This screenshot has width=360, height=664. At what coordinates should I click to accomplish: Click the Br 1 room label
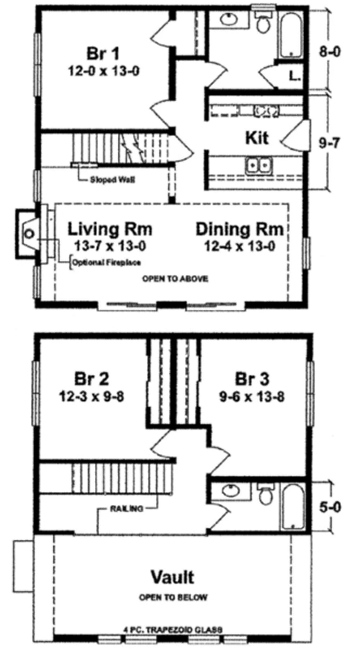[x=103, y=54]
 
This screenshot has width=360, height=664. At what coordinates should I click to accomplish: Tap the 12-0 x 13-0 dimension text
[x=104, y=71]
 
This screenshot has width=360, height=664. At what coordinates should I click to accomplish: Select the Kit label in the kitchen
[x=257, y=138]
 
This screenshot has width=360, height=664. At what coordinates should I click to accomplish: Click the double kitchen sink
[x=259, y=166]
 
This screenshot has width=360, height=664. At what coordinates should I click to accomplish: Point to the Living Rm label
[x=110, y=229]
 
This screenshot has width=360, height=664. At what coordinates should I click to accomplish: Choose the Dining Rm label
[x=239, y=229]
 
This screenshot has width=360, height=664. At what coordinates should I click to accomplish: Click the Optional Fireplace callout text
[x=107, y=263]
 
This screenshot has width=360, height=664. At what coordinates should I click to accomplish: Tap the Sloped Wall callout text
[x=112, y=180]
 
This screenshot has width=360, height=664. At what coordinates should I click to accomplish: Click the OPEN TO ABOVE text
[x=175, y=279]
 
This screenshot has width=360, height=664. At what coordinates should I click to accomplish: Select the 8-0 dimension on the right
[x=330, y=52]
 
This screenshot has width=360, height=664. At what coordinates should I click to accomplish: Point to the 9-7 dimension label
[x=329, y=144]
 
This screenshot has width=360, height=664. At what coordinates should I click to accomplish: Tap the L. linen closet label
[x=295, y=76]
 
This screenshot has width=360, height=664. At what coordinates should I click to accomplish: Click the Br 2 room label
[x=92, y=379]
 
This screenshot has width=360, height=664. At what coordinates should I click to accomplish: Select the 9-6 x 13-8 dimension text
[x=252, y=397]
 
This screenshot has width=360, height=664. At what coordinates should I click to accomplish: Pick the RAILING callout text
[x=126, y=509]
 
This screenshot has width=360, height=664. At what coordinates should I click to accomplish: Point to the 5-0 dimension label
[x=331, y=507]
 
